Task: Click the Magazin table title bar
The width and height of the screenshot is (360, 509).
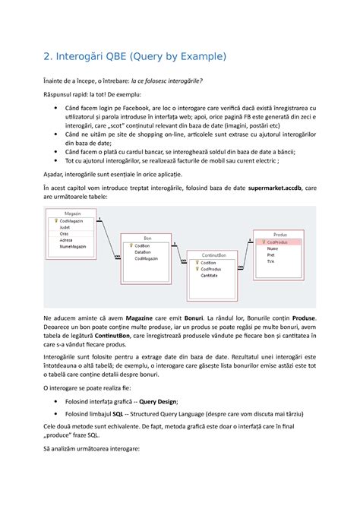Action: click(x=73, y=213)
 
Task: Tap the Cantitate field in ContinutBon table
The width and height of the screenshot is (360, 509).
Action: click(x=213, y=275)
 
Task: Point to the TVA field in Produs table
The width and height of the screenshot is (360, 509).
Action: click(x=271, y=261)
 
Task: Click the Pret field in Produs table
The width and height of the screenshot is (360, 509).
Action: click(x=272, y=254)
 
